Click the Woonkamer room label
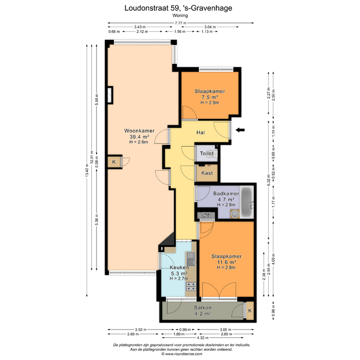tap(139, 131)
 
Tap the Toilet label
tap(207, 153)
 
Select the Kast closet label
tap(207, 173)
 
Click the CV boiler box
tap(206, 215)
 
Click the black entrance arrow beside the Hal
tap(240, 130)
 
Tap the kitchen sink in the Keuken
tap(191, 259)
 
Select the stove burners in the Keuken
tap(191, 286)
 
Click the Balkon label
tap(202, 307)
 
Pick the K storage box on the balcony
tap(250, 311)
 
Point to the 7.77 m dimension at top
tap(180, 23)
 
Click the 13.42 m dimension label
tap(87, 170)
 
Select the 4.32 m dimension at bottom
tap(202, 337)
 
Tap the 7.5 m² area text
tap(210, 97)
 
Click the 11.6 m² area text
tap(226, 262)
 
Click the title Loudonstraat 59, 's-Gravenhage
tap(178, 8)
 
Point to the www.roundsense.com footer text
tap(181, 354)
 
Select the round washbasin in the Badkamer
tap(235, 214)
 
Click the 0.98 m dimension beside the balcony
tap(273, 311)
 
